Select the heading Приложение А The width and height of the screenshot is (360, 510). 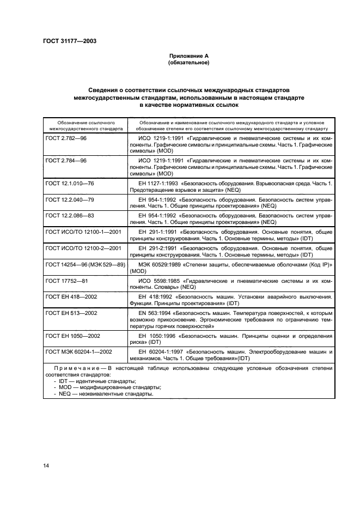[185, 56]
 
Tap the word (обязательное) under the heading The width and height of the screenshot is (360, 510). [185, 63]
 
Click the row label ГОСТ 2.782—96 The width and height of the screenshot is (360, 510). [66, 139]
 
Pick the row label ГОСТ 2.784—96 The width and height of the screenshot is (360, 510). [66, 161]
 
